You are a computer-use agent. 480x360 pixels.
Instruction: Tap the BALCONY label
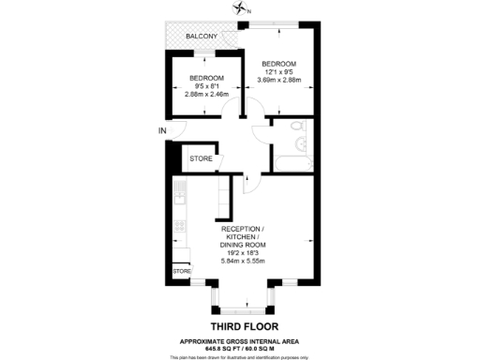pos(202,37)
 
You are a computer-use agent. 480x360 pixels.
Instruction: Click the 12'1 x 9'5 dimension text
pos(277,71)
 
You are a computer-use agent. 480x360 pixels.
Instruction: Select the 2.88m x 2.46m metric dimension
pos(206,95)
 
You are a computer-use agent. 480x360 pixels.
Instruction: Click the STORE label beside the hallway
pos(201,159)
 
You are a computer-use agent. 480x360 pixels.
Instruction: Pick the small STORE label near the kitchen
pos(180,271)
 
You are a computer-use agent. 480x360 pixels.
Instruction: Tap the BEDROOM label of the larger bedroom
pos(277,63)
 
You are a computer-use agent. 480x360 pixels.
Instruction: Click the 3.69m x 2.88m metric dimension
pos(277,80)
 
